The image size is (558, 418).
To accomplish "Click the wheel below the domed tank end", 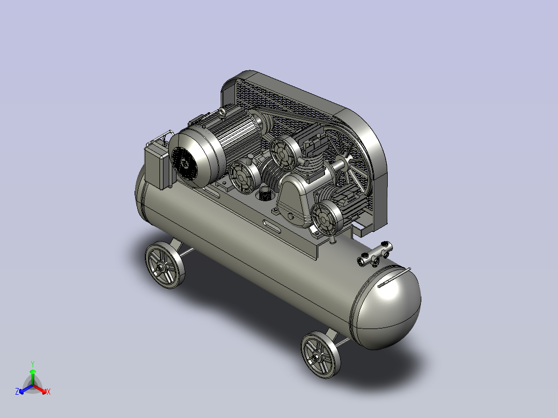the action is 320,354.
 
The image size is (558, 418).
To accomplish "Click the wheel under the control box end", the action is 165,265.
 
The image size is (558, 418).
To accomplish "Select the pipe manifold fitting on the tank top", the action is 375,254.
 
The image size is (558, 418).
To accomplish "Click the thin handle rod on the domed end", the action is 394,277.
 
